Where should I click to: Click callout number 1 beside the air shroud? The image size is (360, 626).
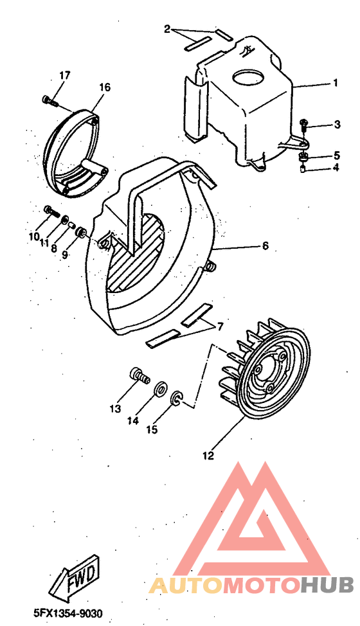point(336,84)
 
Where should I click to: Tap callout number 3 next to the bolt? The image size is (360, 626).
point(337,125)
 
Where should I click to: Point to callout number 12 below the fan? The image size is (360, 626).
point(208,456)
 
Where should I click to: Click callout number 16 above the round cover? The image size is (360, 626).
point(105,87)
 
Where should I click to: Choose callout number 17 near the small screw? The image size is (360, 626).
point(64,76)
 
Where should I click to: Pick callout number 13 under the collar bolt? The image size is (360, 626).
point(115,407)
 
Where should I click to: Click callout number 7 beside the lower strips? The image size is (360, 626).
point(220,327)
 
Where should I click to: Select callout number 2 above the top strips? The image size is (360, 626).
point(167,29)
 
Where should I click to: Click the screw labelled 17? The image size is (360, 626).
point(49,100)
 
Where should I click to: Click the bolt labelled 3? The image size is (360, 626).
point(305,124)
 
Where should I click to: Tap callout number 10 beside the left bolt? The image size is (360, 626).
point(33,237)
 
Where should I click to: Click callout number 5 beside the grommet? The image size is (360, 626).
point(336,156)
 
